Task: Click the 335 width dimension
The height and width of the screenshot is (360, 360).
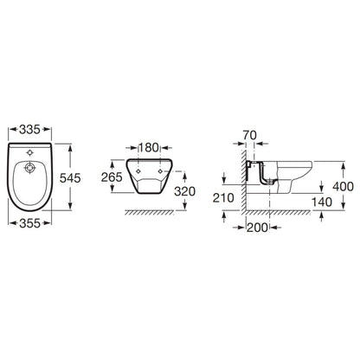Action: coord(29,130)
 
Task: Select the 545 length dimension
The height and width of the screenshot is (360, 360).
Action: coord(70,178)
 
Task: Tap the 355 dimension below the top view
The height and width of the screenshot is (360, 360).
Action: coord(29,223)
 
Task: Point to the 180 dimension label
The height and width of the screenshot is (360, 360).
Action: coord(149,148)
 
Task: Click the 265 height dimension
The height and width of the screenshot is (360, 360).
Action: coord(112,177)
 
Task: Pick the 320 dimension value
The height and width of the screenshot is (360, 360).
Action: coord(184,191)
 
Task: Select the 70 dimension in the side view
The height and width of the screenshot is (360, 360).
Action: coord(249,135)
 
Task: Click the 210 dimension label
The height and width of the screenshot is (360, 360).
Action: coord(223,197)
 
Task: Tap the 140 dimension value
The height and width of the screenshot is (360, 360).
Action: coord(322,202)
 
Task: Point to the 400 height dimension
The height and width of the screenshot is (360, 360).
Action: coord(343,186)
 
